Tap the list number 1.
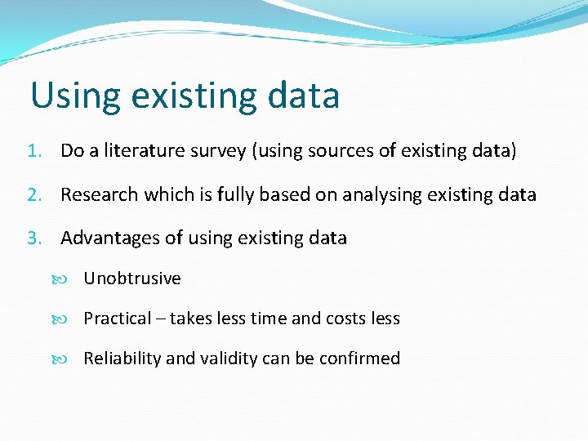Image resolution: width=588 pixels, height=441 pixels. tap(33, 151)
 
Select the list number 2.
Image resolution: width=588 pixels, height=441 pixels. tap(33, 195)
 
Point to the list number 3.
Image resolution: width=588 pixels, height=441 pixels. tap(33, 238)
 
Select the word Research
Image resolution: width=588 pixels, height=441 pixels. tap(100, 195)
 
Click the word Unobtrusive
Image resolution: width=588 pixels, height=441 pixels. tap(131, 278)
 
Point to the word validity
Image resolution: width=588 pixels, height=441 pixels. tap(224, 359)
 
